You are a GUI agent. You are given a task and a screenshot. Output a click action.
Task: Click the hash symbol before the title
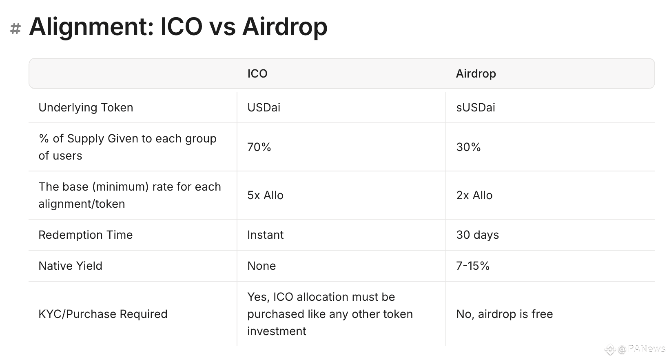(16, 29)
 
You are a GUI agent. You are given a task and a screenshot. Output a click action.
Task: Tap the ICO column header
(257, 73)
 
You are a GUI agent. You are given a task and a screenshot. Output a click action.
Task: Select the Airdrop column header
(476, 74)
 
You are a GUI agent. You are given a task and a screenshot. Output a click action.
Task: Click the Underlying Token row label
(86, 108)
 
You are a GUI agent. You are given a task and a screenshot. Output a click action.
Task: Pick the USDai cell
(264, 107)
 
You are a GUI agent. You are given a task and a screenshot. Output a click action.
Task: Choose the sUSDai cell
(476, 107)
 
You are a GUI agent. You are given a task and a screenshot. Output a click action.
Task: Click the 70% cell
(259, 147)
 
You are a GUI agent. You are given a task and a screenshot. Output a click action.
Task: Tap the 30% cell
(468, 147)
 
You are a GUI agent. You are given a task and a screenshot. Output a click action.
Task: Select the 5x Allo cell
(265, 195)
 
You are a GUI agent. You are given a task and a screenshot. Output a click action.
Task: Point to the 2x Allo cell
(474, 195)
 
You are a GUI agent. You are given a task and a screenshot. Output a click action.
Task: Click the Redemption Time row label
(85, 235)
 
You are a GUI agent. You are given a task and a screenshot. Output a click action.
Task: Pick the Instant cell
(265, 235)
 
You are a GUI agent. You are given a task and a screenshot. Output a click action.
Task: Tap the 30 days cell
(477, 235)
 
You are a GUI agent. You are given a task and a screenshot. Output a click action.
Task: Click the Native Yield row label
(70, 266)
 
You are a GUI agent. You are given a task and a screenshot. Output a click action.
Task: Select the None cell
(261, 266)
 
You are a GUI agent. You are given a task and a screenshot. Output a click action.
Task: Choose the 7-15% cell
(473, 266)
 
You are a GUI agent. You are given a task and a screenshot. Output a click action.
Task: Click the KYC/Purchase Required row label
(103, 314)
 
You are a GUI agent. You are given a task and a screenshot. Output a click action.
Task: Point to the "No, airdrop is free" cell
(505, 314)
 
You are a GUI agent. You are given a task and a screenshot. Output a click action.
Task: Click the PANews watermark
(635, 349)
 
